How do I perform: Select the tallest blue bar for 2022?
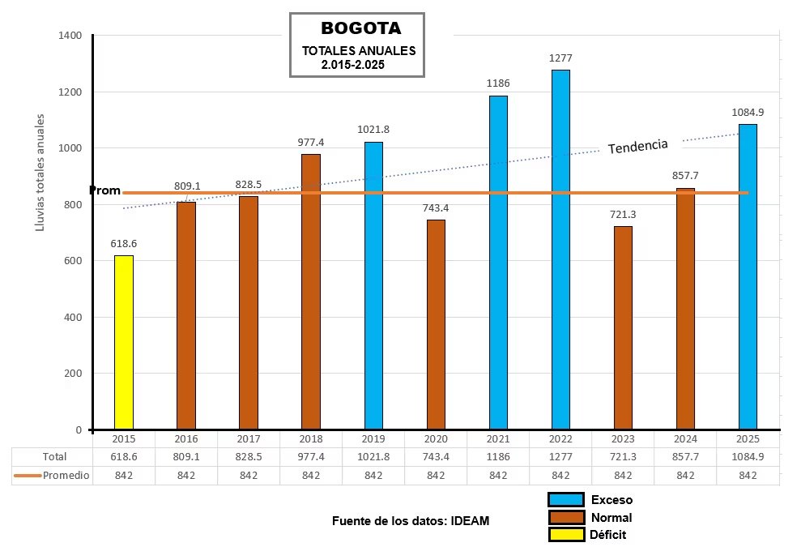click(x=560, y=250)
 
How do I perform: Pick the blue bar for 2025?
click(x=748, y=276)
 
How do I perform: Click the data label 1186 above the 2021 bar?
click(x=498, y=83)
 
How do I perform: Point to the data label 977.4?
click(x=311, y=141)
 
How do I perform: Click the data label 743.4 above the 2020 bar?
click(x=436, y=207)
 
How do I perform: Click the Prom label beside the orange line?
click(x=104, y=190)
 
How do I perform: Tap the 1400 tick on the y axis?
click(x=70, y=36)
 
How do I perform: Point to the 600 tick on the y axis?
click(x=73, y=261)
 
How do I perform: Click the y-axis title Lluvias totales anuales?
click(x=40, y=172)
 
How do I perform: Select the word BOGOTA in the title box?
click(x=360, y=28)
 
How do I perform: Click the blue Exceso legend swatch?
click(x=565, y=500)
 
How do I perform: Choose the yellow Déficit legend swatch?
click(x=565, y=534)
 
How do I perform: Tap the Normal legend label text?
click(x=611, y=518)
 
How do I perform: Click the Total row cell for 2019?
click(x=373, y=457)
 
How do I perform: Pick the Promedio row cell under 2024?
click(x=685, y=475)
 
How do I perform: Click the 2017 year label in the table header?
click(x=249, y=438)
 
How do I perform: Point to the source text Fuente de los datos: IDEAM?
click(x=411, y=521)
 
